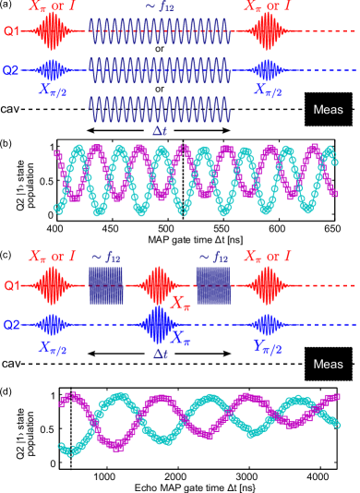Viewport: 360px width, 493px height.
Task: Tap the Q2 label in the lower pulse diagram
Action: pyautogui.click(x=11, y=325)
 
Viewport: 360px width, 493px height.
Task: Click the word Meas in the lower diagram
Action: pyautogui.click(x=328, y=364)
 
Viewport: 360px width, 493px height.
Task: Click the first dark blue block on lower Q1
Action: pyautogui.click(x=105, y=286)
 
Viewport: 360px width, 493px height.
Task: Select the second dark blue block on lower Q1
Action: pyautogui.click(x=213, y=286)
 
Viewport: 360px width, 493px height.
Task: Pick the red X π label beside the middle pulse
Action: pyautogui.click(x=181, y=300)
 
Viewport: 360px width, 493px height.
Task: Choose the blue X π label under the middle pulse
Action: pyautogui.click(x=181, y=341)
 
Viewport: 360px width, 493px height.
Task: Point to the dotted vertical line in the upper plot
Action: pyautogui.click(x=183, y=180)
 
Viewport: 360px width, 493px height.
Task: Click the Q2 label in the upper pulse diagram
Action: pyautogui.click(x=11, y=70)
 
